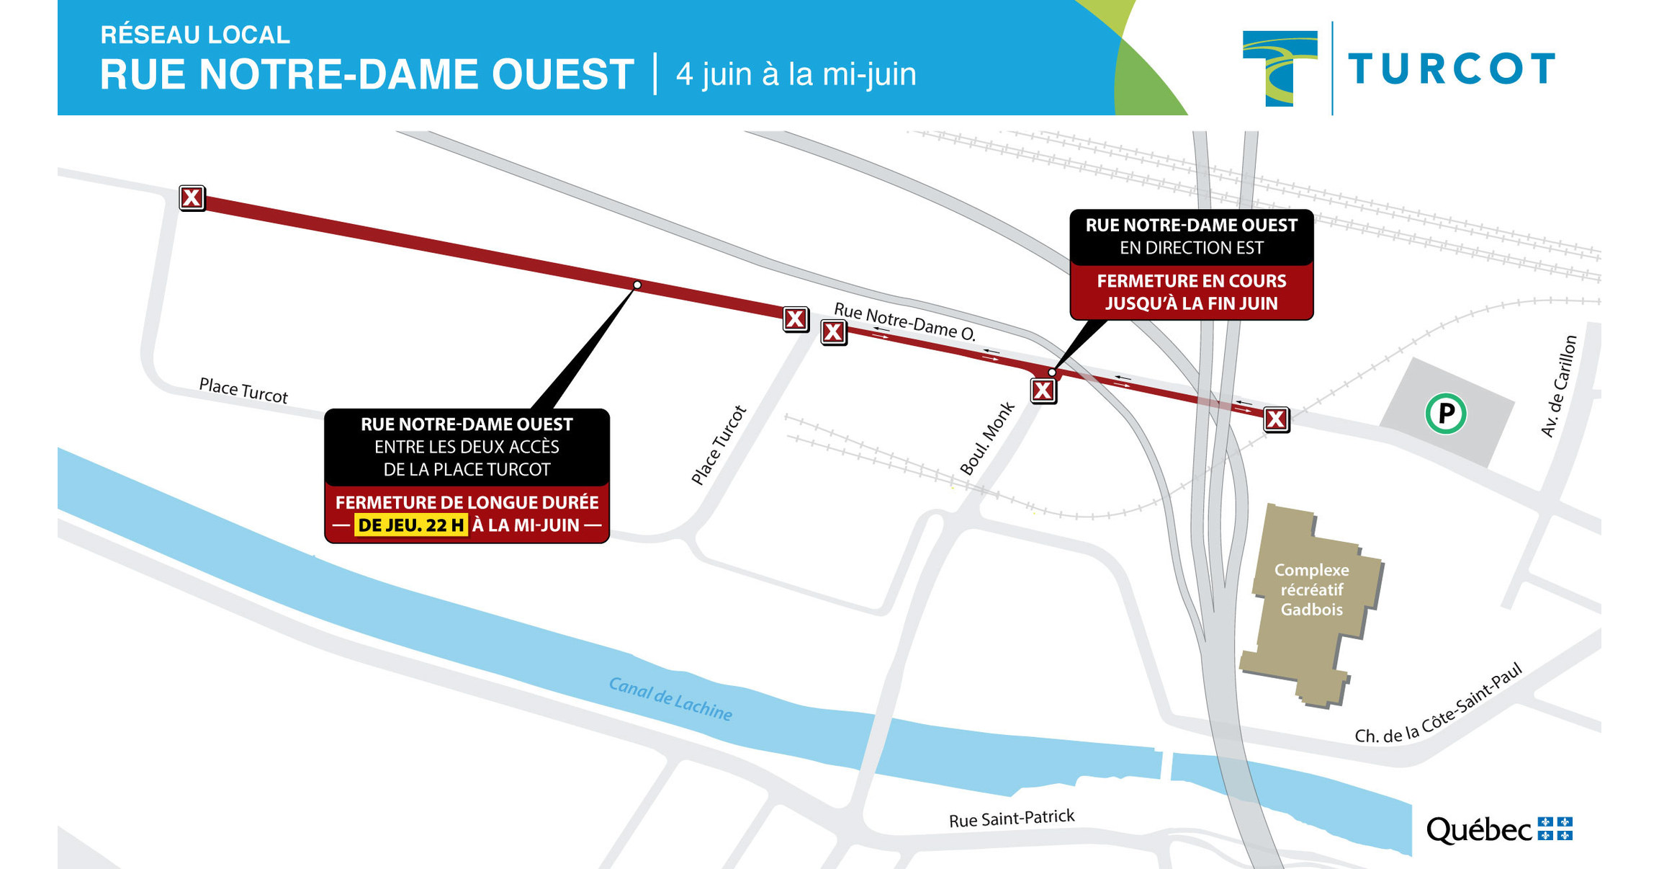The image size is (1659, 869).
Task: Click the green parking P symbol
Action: click(1445, 414)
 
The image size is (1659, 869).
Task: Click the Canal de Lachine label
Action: click(670, 698)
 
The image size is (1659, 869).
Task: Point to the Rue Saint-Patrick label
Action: click(1011, 819)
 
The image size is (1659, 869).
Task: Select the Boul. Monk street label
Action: click(986, 439)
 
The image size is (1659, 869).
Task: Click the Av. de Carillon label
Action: click(1559, 386)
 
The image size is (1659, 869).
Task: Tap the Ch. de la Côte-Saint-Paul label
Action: click(1438, 705)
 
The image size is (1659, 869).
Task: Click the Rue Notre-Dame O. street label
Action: click(904, 321)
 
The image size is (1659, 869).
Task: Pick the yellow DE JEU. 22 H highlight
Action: click(410, 525)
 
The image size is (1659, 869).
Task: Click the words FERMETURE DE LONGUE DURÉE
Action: click(467, 502)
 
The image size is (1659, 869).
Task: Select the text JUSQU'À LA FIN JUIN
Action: click(1191, 303)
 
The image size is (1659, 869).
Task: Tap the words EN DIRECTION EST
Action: click(1191, 248)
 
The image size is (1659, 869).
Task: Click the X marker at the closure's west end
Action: click(192, 197)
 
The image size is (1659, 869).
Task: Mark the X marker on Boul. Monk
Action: click(1043, 391)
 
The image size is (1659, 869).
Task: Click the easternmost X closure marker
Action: click(1276, 419)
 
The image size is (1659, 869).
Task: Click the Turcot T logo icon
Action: click(1280, 68)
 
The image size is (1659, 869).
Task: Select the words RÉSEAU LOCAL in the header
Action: click(194, 35)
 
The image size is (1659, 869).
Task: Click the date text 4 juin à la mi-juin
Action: click(796, 74)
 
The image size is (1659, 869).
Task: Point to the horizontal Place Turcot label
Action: click(243, 391)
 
